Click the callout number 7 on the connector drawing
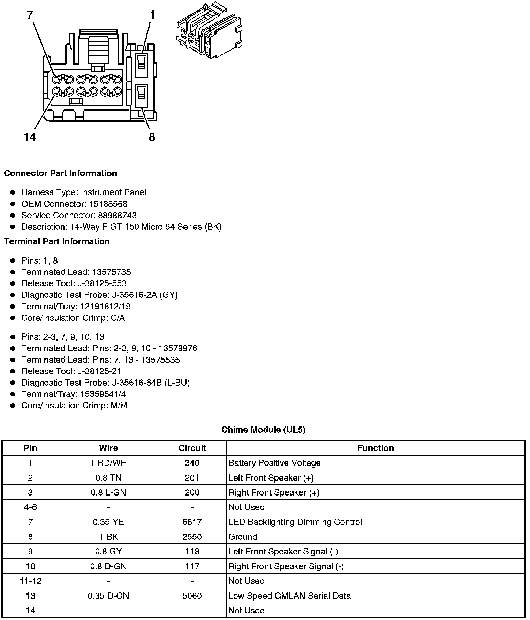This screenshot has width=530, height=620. pyautogui.click(x=30, y=15)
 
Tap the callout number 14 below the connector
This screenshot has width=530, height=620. pyautogui.click(x=30, y=137)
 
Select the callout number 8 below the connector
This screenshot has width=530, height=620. pyautogui.click(x=152, y=137)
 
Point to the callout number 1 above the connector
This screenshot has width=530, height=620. pyautogui.click(x=152, y=15)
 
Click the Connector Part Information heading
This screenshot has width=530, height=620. pyautogui.click(x=60, y=173)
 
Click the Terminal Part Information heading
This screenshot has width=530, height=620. pyautogui.click(x=57, y=241)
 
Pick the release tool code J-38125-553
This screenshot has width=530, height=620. pyautogui.click(x=102, y=283)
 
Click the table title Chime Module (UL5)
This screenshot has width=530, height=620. pyautogui.click(x=263, y=430)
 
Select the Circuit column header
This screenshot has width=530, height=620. pyautogui.click(x=192, y=448)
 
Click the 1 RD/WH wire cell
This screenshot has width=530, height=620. pyautogui.click(x=108, y=463)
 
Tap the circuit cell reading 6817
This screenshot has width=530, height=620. pyautogui.click(x=192, y=522)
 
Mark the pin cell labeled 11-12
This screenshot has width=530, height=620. pyautogui.click(x=30, y=581)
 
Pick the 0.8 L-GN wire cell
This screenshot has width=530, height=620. pyautogui.click(x=108, y=492)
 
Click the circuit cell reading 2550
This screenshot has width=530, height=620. pyautogui.click(x=192, y=537)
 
